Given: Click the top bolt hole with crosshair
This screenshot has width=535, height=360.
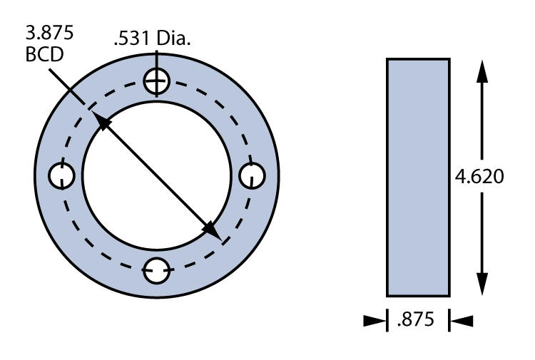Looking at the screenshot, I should (x=157, y=82).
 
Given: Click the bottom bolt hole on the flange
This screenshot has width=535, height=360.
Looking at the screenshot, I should (x=157, y=269).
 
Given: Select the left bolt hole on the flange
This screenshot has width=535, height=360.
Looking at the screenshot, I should (x=63, y=175).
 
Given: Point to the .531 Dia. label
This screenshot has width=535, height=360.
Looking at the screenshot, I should (x=152, y=40).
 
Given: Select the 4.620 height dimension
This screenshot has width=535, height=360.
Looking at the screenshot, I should (x=480, y=176).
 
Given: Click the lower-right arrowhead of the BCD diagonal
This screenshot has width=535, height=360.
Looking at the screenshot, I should (x=212, y=230).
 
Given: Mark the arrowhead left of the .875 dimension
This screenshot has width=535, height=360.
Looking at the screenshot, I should (x=374, y=322).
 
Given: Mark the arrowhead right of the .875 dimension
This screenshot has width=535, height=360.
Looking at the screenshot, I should (x=462, y=322).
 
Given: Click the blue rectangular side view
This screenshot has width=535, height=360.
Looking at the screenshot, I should (x=418, y=177).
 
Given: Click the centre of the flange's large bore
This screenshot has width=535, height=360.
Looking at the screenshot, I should (x=158, y=176).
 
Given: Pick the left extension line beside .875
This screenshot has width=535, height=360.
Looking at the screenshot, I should (x=387, y=319).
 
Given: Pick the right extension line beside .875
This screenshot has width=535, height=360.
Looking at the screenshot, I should (x=449, y=319).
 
